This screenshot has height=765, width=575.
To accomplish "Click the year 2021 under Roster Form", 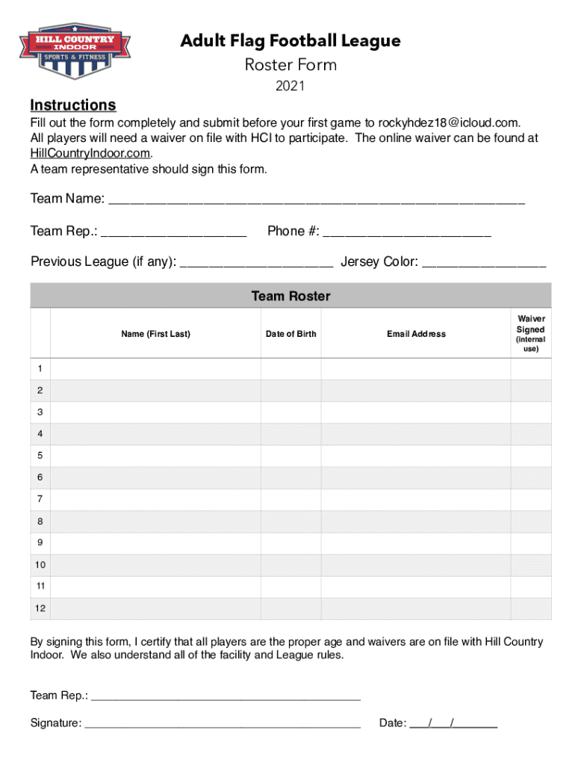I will point(290,87).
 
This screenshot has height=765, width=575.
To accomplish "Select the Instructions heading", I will point(72,105).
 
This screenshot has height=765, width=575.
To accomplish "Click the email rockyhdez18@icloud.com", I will point(447,123).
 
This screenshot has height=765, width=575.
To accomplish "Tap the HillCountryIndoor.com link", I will point(90,153).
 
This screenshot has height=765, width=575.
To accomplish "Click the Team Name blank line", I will point(317,200).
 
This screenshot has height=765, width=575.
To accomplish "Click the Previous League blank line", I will point(257,263).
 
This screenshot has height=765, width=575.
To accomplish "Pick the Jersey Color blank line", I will point(484,263).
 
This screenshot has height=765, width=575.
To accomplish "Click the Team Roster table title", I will point(290,297).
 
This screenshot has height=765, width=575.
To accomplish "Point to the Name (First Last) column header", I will point(155,334).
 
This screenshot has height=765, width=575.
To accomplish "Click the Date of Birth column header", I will point(290,334).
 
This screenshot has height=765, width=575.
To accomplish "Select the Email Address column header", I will point(416,334).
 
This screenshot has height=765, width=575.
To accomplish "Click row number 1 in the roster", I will point(40,369).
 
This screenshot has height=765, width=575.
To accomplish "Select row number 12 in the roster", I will point(40,609).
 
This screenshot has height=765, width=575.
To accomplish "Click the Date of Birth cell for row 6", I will point(290,477).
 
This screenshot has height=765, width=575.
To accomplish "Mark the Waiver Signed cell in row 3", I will point(531,412).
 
